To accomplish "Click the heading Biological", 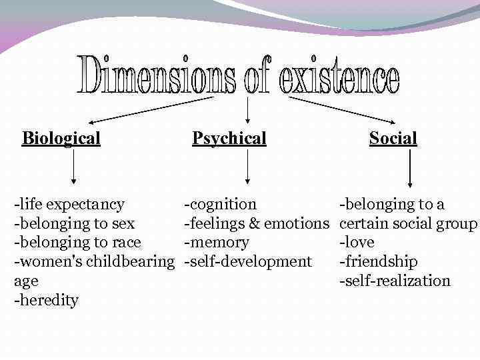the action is click(61, 139).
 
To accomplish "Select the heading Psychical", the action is click(229, 139).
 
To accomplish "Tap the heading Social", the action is click(393, 139).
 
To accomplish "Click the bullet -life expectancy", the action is click(69, 204).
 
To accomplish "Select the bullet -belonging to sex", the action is click(74, 223).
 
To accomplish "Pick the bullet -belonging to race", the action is click(77, 243).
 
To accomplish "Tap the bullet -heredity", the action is click(46, 301).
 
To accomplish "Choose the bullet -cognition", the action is click(220, 204).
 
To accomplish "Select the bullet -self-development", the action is click(248, 262).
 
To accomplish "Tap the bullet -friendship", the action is click(379, 262).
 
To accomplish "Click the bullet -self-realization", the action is click(395, 281).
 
